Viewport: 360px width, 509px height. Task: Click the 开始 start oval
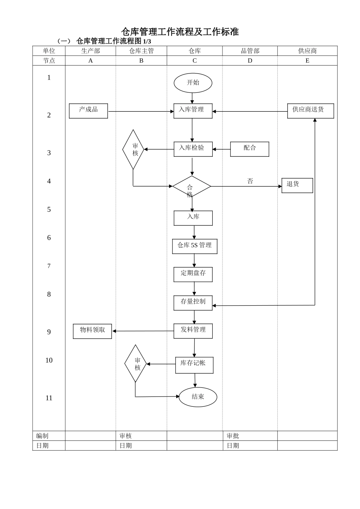193,83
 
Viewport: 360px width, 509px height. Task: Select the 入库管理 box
193,111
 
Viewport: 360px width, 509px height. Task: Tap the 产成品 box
88,111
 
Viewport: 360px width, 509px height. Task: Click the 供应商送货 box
310,111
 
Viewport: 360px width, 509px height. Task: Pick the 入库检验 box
193,149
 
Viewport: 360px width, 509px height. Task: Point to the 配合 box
250,149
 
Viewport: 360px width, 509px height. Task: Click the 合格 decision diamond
192,187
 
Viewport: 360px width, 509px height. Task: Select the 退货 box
297,186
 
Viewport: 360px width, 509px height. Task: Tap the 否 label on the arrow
250,181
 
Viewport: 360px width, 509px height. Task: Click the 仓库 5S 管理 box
194,246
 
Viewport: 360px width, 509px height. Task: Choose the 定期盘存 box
193,275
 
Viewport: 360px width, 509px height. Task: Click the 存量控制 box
193,303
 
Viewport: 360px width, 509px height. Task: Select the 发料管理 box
193,331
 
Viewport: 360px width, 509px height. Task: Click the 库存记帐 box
194,365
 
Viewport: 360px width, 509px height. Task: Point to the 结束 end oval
198,397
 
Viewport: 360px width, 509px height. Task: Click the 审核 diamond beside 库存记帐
135,364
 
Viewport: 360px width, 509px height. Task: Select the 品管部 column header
250,51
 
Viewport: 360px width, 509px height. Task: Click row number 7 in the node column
49,266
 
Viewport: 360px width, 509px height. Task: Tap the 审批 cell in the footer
233,436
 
